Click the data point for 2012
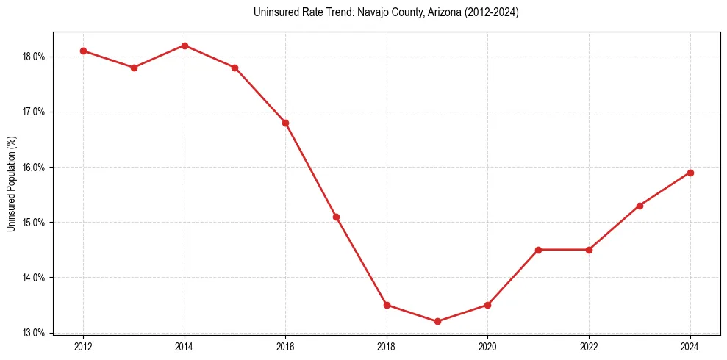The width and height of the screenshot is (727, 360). click(83, 51)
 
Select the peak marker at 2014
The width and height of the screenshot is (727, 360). click(185, 46)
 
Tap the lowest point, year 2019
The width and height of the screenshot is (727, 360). click(437, 321)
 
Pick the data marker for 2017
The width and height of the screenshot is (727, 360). click(336, 217)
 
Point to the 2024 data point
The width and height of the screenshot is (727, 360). click(690, 173)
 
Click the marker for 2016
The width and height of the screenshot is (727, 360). click(285, 123)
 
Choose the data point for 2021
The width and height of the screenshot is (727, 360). click(539, 250)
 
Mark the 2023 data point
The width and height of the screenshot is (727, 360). click(640, 206)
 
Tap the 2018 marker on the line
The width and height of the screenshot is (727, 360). click(387, 305)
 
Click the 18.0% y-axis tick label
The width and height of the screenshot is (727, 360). click(35, 57)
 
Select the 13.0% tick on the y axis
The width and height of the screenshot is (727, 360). click(35, 333)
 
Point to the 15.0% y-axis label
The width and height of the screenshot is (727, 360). click(35, 223)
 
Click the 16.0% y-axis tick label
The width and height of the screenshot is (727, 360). click(35, 168)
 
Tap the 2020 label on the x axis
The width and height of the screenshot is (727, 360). click(488, 346)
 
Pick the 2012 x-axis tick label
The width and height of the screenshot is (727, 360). click(83, 346)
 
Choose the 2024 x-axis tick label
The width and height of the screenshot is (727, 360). click(690, 346)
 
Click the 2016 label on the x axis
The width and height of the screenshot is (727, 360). click(285, 346)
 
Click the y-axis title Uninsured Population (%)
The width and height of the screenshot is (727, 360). click(12, 184)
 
